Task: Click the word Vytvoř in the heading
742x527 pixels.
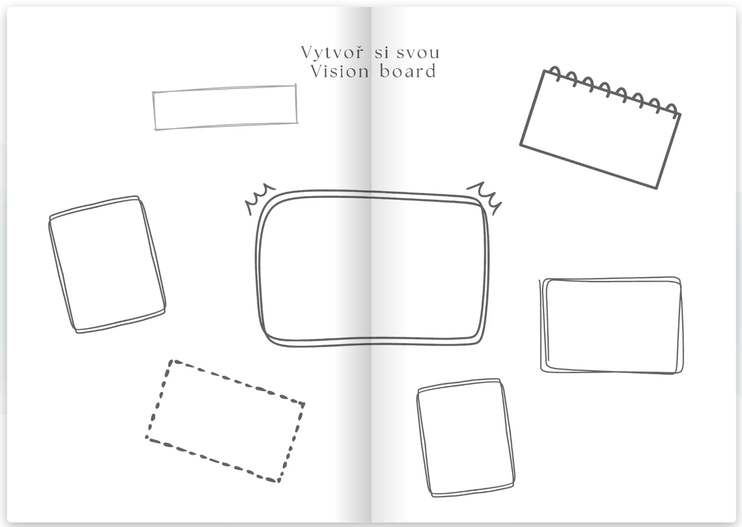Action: coord(332,53)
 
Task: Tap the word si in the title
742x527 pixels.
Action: coord(382,53)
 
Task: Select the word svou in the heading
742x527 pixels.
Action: coord(418,53)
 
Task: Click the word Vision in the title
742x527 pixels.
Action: coord(340,72)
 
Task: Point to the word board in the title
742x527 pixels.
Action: coord(408,71)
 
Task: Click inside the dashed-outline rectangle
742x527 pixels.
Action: coord(225,421)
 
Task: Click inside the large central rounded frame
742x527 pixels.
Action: coord(372,269)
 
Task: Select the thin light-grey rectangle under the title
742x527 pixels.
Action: coord(225,107)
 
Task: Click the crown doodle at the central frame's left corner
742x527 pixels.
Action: coord(260,197)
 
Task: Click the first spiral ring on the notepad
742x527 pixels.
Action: coord(555,73)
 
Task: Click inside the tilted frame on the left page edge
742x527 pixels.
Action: coord(107,264)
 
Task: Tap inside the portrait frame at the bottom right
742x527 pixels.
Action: coord(466,438)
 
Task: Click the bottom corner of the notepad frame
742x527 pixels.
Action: coord(657,188)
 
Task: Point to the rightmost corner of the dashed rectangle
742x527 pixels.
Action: coord(304,404)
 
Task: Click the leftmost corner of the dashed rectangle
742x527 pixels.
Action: coord(147,438)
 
